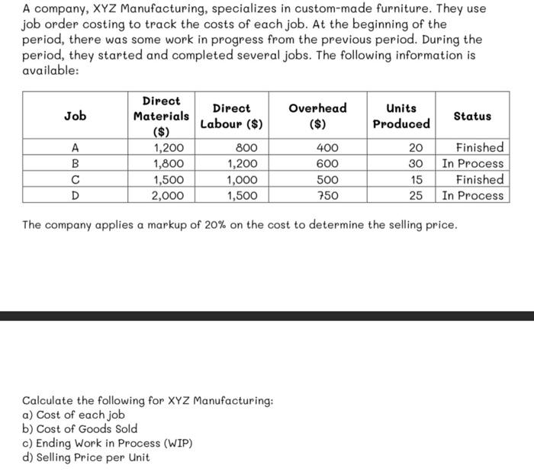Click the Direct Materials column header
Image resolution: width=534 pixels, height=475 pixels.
[161, 116]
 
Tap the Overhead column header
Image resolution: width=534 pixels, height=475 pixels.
[317, 115]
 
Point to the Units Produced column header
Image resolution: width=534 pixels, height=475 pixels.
[401, 116]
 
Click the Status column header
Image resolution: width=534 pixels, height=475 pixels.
[472, 116]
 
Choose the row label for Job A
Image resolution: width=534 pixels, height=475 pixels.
[75, 148]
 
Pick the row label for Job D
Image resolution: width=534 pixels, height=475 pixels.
[75, 196]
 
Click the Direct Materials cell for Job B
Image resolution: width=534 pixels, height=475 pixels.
[167, 164]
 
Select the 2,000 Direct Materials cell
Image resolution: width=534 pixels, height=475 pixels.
[167, 196]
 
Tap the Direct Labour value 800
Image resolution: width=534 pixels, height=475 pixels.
[246, 148]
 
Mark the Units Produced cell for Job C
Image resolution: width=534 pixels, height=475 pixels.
[417, 180]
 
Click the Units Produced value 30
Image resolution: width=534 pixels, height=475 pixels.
[417, 164]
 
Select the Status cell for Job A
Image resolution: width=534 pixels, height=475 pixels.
[479, 148]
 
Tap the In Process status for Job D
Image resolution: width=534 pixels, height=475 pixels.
[473, 196]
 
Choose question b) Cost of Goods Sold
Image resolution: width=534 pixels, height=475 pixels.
[80, 428]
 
